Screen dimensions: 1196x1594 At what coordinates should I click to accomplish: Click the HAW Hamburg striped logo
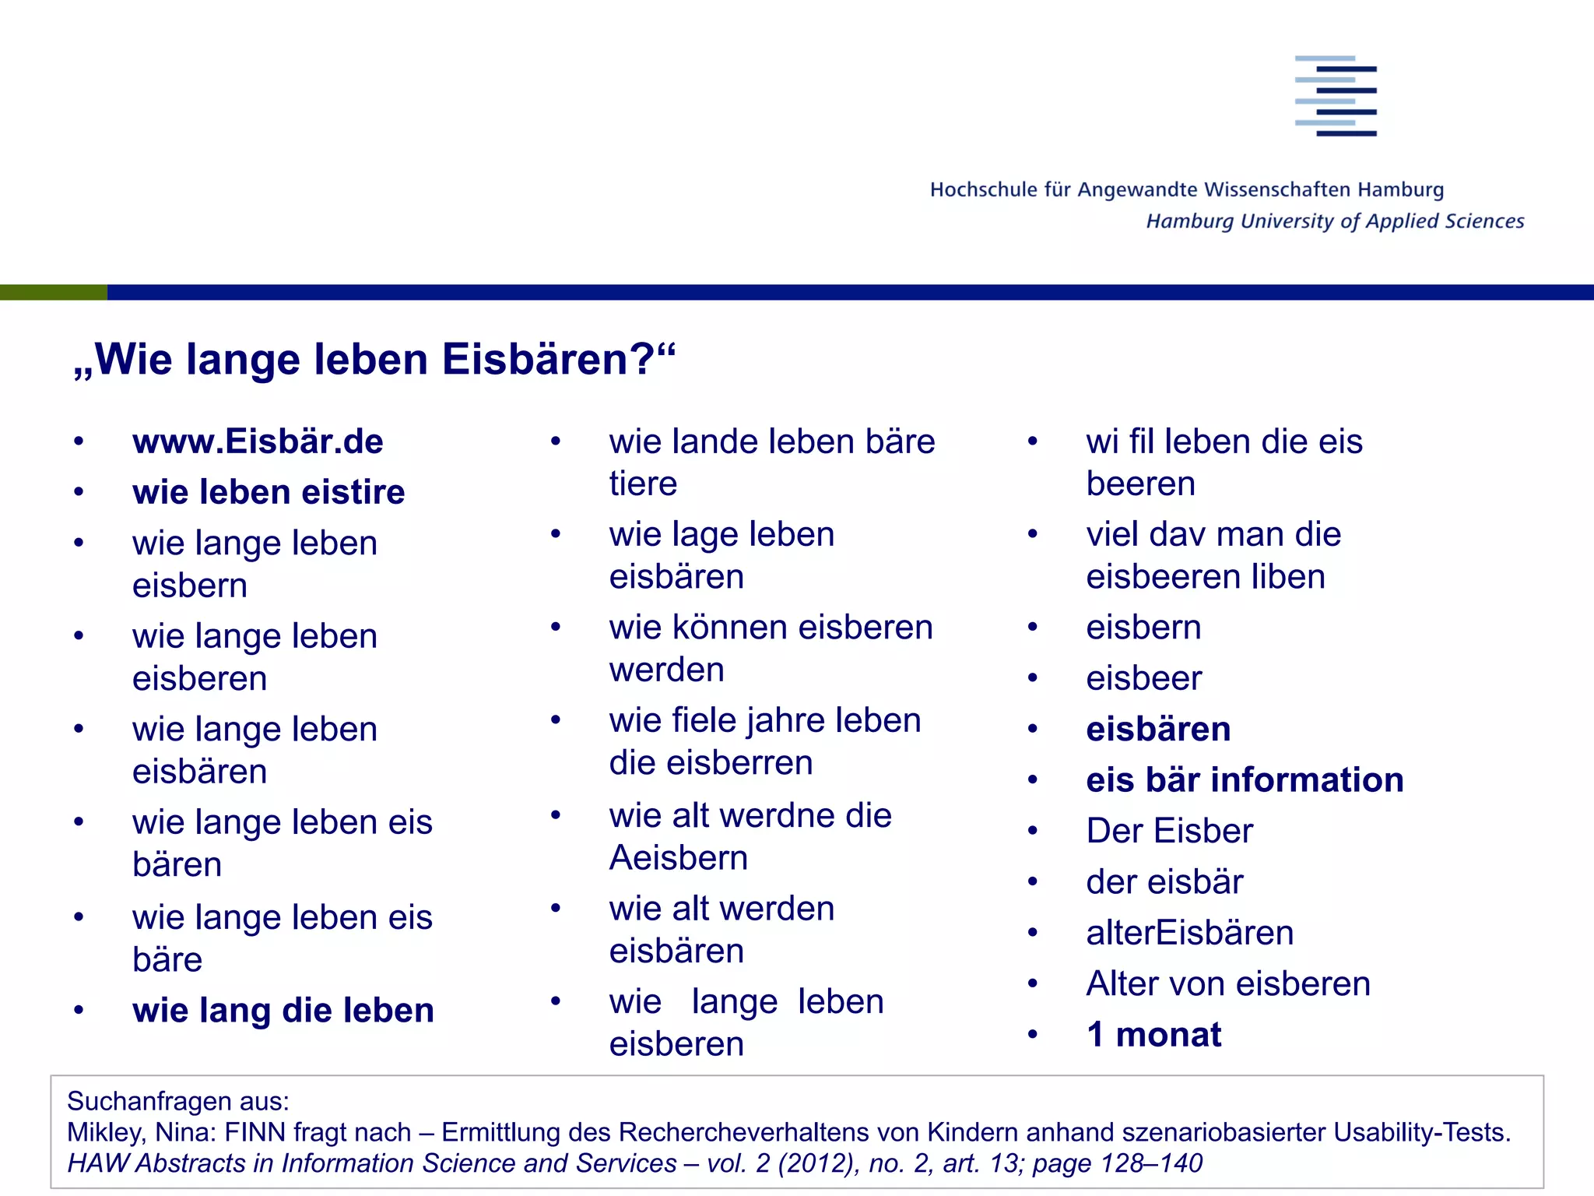pyautogui.click(x=1336, y=96)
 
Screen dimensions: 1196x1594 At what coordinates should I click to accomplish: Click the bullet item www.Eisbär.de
pyautogui.click(x=258, y=441)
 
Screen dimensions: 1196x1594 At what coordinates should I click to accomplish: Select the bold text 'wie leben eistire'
pyautogui.click(x=269, y=492)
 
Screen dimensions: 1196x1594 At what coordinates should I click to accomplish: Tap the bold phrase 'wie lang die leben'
pyautogui.click(x=283, y=1010)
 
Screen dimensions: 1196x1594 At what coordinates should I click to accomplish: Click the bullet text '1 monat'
pyautogui.click(x=1153, y=1034)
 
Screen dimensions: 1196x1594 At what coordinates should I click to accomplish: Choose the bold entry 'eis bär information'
pyautogui.click(x=1245, y=779)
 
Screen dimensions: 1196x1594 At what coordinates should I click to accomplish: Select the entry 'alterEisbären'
pyautogui.click(x=1189, y=932)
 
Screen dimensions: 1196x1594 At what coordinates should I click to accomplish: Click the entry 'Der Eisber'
pyautogui.click(x=1169, y=831)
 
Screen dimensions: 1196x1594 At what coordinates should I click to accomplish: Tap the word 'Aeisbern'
pyautogui.click(x=678, y=858)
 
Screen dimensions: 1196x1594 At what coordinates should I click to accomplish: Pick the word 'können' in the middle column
pyautogui.click(x=729, y=628)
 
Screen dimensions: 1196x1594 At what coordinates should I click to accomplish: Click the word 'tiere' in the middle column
pyautogui.click(x=643, y=484)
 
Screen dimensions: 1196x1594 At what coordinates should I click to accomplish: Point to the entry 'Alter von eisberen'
pyautogui.click(x=1227, y=983)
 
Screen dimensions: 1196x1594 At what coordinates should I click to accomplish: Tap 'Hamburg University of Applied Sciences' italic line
pyautogui.click(x=1334, y=221)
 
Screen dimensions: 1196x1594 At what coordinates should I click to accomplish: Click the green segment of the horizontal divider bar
pyautogui.click(x=53, y=292)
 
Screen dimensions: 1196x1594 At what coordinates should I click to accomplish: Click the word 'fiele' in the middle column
pyautogui.click(x=704, y=720)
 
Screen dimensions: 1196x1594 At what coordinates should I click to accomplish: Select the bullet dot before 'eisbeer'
pyautogui.click(x=1032, y=678)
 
